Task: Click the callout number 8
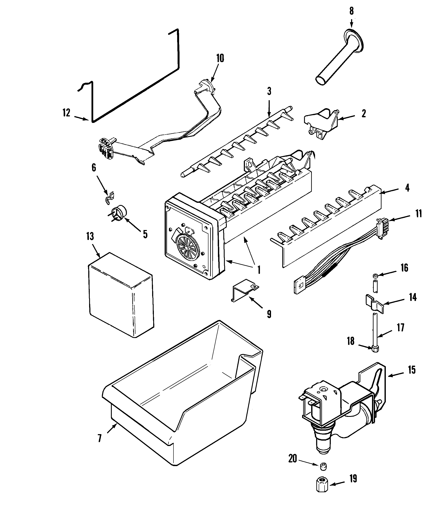point(351,11)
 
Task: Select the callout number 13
point(90,237)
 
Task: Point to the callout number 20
point(292,459)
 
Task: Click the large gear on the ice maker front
point(187,248)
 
